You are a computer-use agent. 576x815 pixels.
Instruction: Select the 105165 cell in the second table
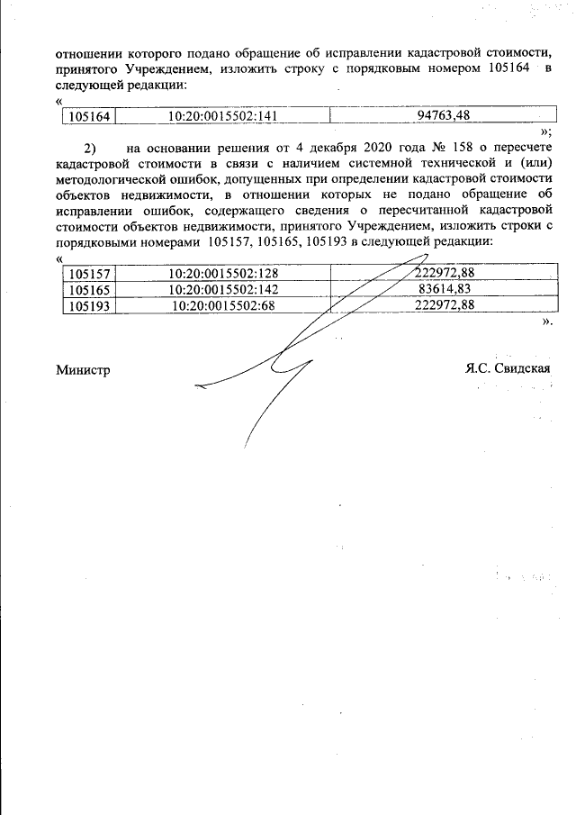(88, 290)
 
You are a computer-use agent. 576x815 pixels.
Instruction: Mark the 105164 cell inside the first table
(88, 115)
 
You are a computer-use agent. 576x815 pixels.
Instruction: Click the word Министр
(83, 369)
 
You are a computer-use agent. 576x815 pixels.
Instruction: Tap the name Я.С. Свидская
(508, 368)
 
